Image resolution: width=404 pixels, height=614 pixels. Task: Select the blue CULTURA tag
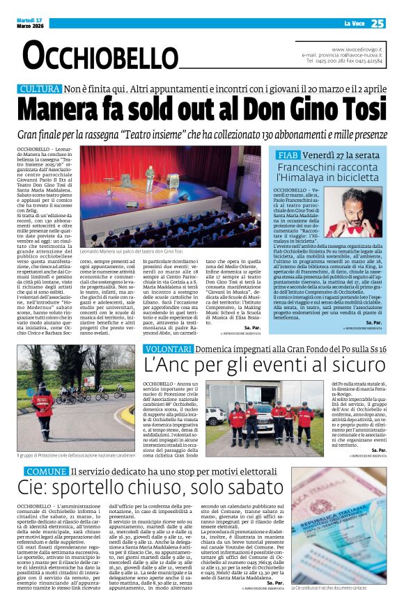point(39,90)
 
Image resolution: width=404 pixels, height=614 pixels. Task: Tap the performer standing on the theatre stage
point(148,178)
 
